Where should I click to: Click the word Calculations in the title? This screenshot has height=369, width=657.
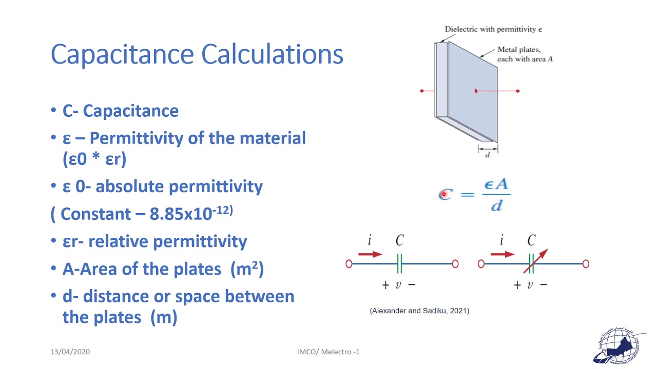coord(272,54)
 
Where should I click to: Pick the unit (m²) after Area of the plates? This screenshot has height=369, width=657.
coord(247,269)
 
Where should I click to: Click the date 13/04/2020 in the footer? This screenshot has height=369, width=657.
coord(70,352)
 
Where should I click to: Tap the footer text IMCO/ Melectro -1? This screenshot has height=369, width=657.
coord(328,352)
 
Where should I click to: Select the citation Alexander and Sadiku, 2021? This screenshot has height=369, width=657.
coord(419,311)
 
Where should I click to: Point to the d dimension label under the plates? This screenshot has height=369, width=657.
coord(488,155)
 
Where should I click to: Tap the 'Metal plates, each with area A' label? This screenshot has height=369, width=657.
coord(525,54)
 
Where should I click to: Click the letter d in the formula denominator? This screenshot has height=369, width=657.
coord(496,206)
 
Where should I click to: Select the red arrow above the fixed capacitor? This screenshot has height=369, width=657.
coord(370,254)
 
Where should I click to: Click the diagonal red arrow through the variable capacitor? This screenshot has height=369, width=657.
coord(536,261)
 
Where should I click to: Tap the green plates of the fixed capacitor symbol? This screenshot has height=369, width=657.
coord(399,264)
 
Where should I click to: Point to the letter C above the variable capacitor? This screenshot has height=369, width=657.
coord(531,240)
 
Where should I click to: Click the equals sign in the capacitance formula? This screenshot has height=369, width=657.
coord(468,194)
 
